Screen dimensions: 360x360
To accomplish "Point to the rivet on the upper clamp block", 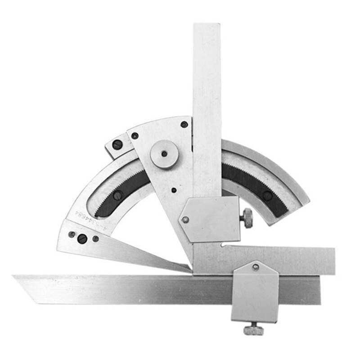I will pos(184,219).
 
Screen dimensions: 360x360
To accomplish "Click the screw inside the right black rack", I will pos(269,194).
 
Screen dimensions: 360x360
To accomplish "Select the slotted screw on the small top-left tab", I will pos(117,145).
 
